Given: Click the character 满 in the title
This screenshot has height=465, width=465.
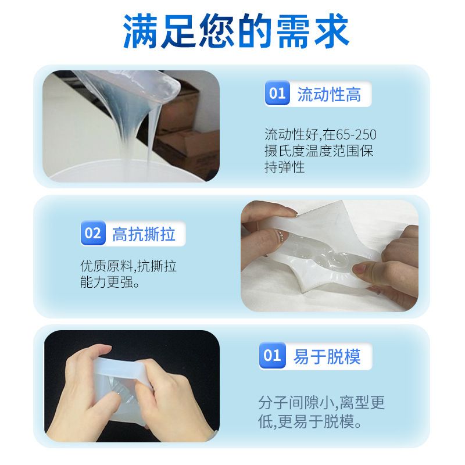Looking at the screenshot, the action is [140, 31].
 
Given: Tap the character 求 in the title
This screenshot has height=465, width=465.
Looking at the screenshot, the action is [331, 31].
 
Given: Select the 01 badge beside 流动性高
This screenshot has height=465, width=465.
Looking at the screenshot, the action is [277, 93].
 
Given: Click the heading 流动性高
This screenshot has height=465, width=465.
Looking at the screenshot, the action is [329, 95].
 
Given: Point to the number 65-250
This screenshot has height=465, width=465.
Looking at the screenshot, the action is [356, 135].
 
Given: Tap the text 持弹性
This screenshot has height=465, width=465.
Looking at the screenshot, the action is [285, 167].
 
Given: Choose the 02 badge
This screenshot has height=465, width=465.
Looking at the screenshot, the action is [93, 233].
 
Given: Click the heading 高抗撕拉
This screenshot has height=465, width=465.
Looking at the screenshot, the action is [144, 234].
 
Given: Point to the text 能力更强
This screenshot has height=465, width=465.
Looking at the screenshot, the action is [106, 282].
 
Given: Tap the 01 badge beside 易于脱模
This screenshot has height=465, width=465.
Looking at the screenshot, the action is [272, 355].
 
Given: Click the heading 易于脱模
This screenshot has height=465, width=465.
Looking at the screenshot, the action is [327, 356].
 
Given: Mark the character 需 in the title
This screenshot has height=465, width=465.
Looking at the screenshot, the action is [294, 31].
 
